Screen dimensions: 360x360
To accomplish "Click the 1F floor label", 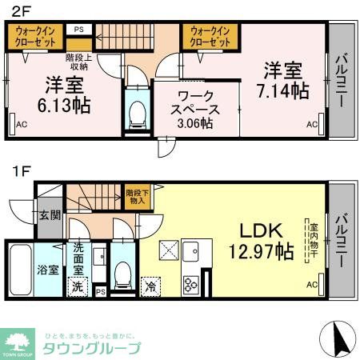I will (x=21, y=170).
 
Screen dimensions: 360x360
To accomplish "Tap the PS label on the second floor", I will (x=78, y=30).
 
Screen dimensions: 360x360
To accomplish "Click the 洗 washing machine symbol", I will (x=78, y=286).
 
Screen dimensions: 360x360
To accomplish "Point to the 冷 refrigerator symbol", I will (x=150, y=285).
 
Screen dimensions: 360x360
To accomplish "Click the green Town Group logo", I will (x=18, y=342).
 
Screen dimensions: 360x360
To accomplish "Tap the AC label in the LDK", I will (x=312, y=285).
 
